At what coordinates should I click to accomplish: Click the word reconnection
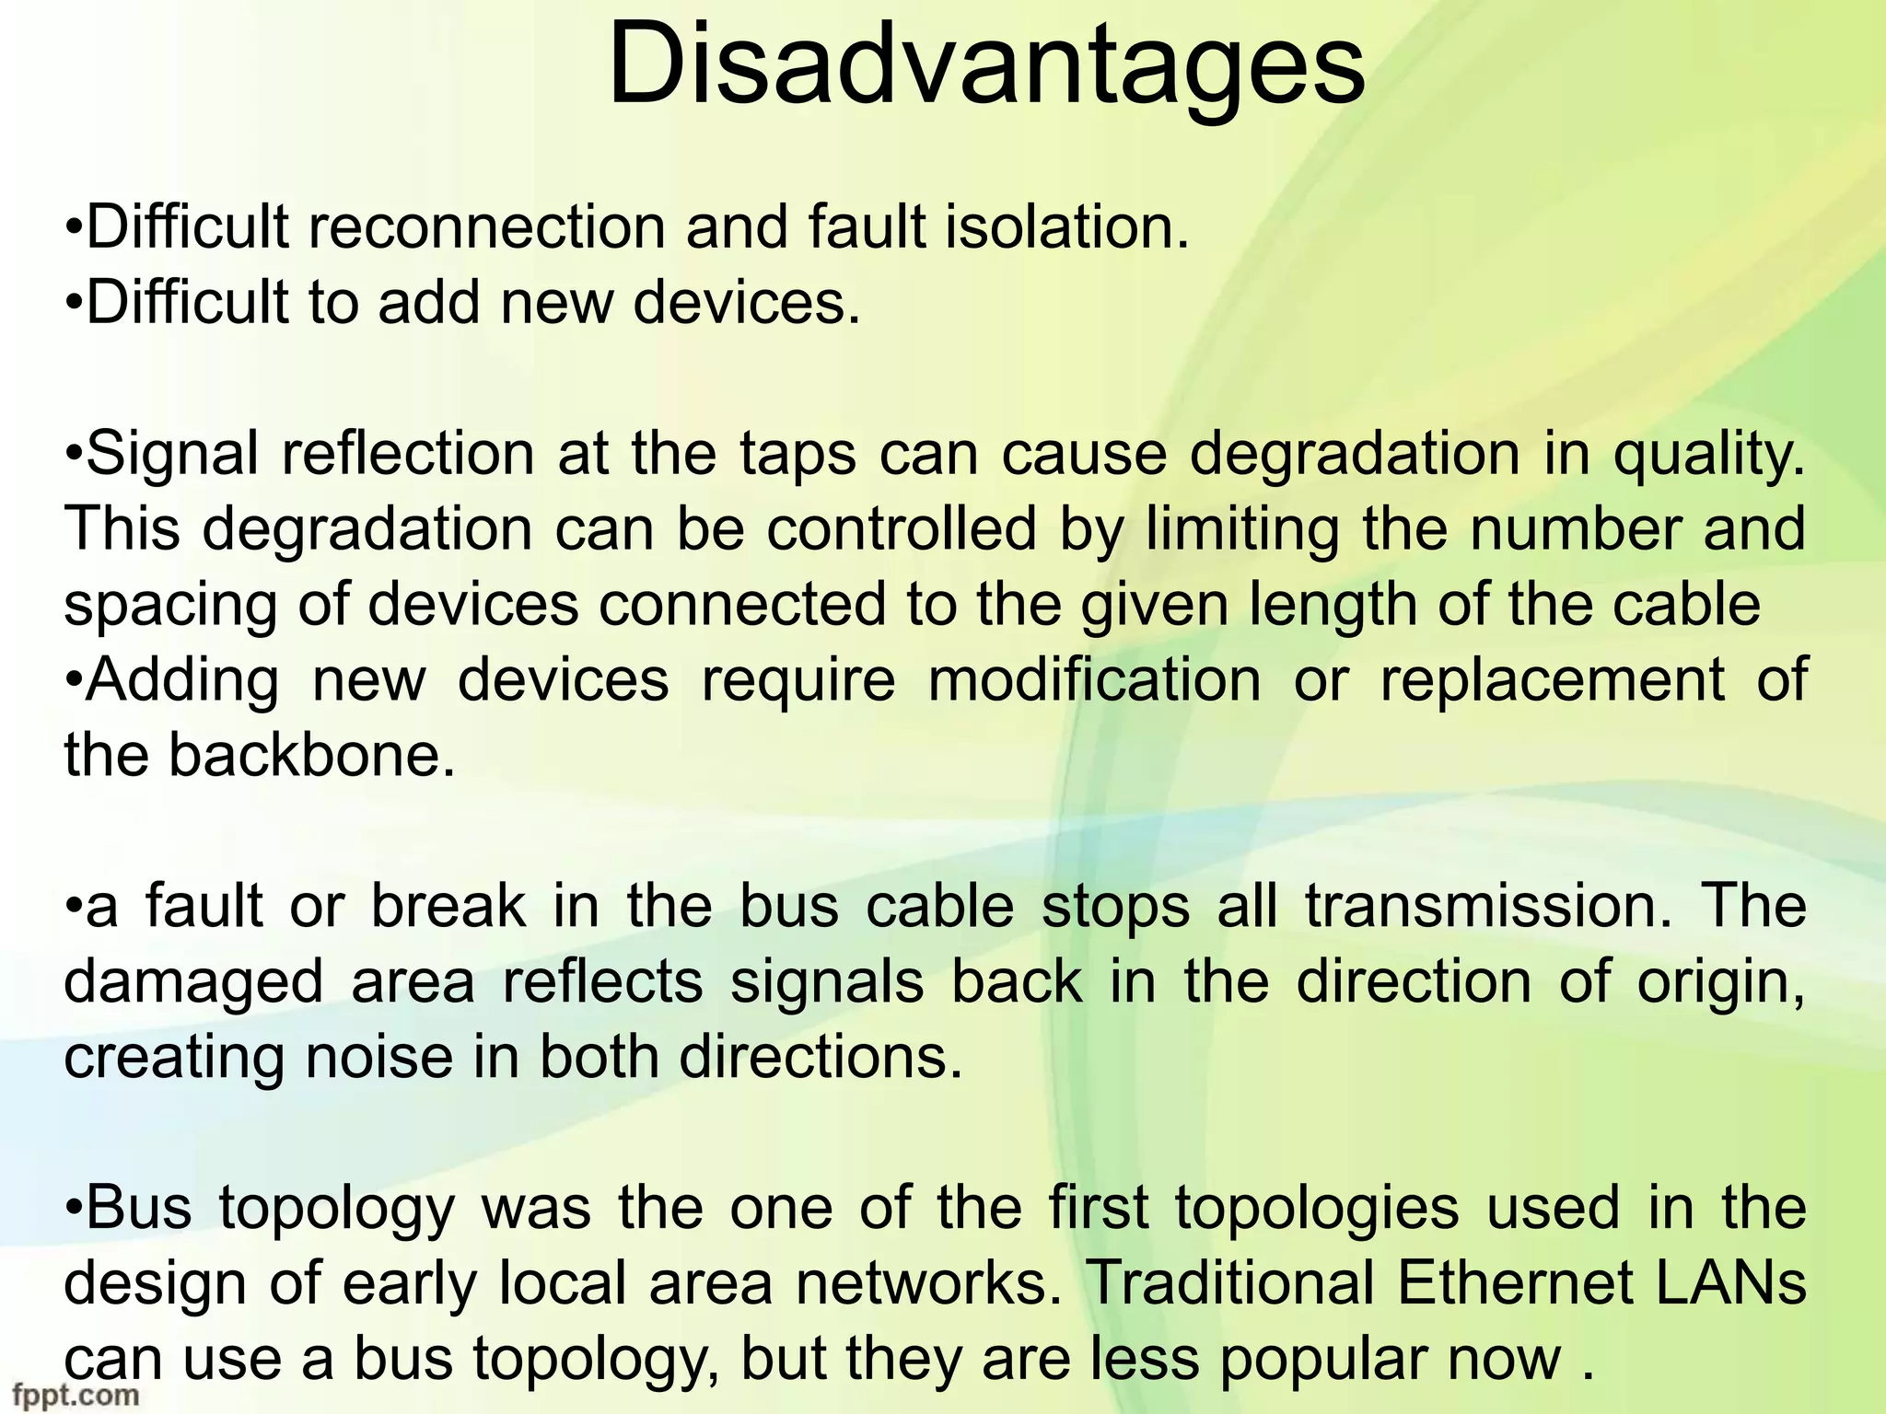(x=485, y=227)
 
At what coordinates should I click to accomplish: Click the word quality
(x=1709, y=455)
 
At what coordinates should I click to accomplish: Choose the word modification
(x=1094, y=680)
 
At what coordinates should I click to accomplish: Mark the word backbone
(x=311, y=756)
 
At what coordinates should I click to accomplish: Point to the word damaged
(x=193, y=983)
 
